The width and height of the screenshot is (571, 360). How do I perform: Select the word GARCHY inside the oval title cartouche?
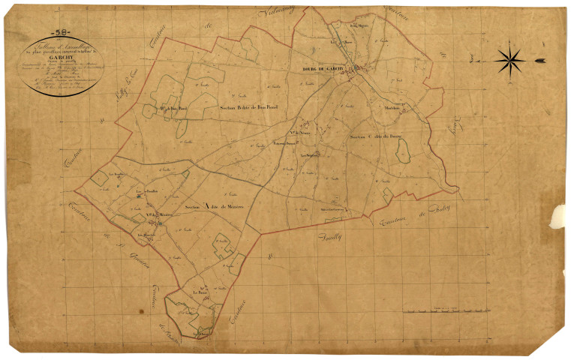(x=62, y=55)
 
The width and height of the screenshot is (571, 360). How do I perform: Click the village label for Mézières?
(x=161, y=217)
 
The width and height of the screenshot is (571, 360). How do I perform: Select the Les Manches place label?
(x=145, y=238)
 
